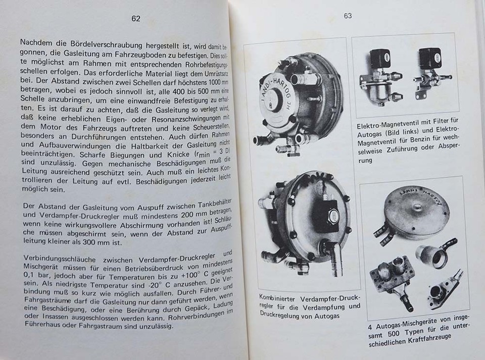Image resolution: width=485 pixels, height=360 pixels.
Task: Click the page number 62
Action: point(135,19)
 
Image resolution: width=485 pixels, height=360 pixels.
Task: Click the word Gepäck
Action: point(188,306)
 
